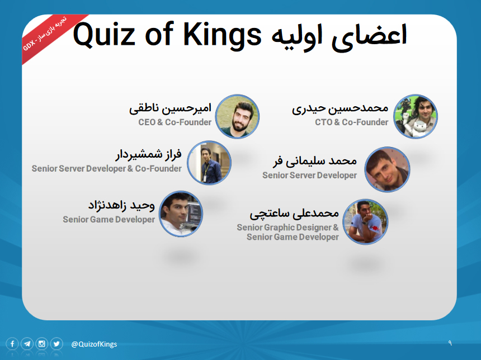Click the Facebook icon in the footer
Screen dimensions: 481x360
point(12,344)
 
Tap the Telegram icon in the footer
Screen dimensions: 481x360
point(27,344)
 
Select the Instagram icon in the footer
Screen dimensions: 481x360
point(42,344)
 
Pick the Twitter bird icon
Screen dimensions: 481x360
point(56,344)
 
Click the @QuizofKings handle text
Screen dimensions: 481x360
point(94,344)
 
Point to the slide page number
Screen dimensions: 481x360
point(450,343)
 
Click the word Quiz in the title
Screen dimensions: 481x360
point(103,34)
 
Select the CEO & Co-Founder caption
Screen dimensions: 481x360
point(175,122)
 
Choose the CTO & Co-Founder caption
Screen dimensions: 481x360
point(352,122)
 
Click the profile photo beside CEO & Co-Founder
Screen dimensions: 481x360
point(237,116)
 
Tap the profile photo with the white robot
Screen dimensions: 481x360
point(416,116)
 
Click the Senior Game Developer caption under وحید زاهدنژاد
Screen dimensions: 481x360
point(109,219)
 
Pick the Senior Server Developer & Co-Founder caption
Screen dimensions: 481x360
point(107,168)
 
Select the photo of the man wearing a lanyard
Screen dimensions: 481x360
point(209,163)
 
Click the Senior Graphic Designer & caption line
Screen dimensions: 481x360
point(287,227)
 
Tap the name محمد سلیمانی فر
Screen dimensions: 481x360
point(315,160)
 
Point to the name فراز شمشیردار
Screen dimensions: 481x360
point(148,154)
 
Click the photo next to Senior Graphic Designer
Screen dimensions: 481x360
point(365,222)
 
